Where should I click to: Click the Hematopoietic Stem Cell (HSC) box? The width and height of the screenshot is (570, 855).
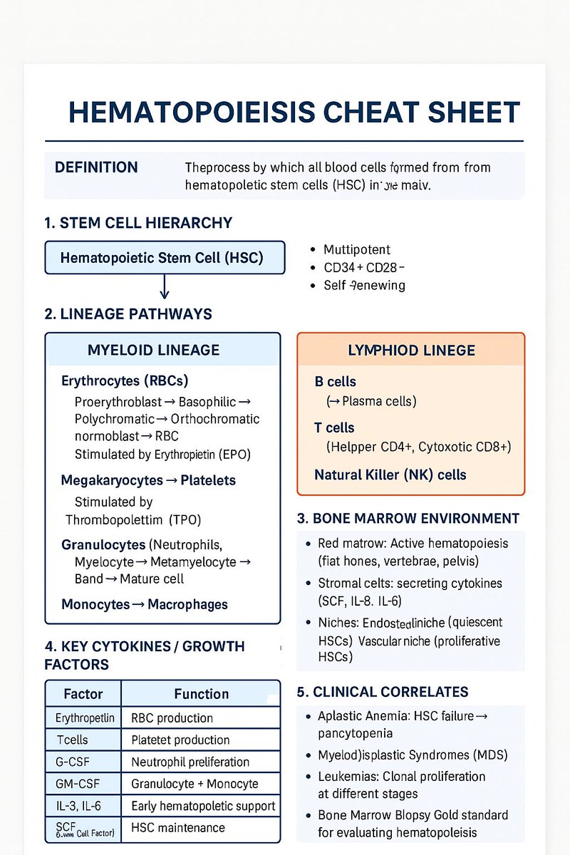[165, 257]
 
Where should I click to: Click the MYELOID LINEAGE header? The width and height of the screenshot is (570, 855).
[153, 350]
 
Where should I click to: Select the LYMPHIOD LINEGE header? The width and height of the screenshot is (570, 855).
[411, 350]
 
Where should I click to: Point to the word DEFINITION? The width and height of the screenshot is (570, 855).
[96, 167]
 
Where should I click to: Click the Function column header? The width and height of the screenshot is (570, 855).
[201, 693]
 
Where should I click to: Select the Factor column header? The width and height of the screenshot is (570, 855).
[83, 693]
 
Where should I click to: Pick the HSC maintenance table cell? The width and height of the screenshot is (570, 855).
[178, 828]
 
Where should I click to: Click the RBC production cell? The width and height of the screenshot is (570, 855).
[172, 717]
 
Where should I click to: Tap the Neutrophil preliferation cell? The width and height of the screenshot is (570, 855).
[190, 762]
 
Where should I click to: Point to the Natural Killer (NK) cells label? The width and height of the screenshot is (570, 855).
[390, 474]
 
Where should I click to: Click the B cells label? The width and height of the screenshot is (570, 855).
[335, 381]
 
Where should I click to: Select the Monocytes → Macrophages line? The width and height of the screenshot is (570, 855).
[145, 604]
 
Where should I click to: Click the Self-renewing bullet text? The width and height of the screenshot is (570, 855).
[364, 286]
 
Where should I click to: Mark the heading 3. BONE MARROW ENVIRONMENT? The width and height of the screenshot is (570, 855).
[408, 518]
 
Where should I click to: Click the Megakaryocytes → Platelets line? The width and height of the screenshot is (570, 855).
[149, 480]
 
